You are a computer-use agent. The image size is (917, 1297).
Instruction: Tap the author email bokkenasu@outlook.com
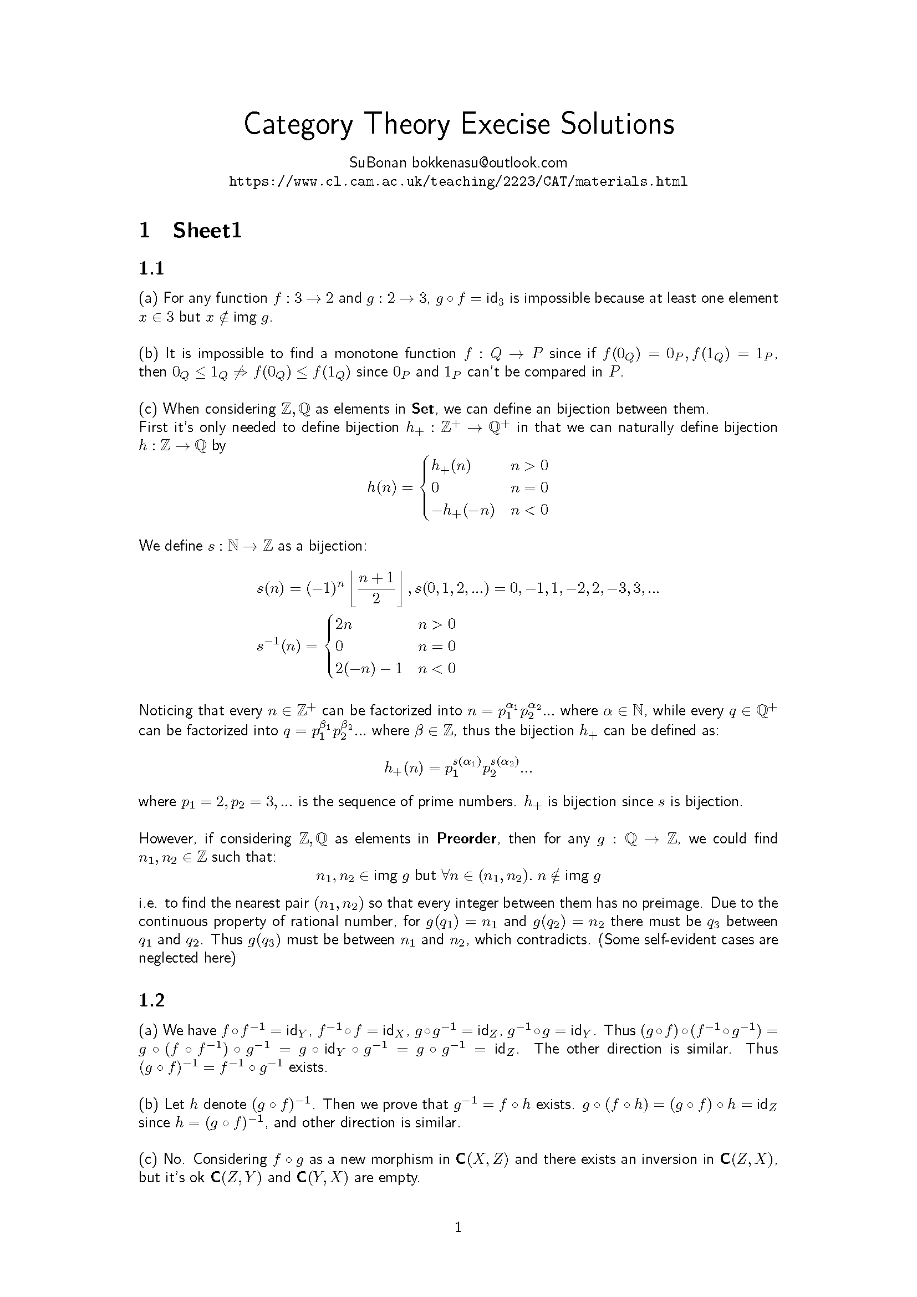tap(489, 162)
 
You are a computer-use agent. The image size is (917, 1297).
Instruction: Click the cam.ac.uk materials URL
tap(458, 182)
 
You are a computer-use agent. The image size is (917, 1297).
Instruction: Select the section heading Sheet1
tap(207, 231)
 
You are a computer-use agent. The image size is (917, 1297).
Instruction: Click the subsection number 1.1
tap(151, 268)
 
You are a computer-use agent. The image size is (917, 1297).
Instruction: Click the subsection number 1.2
tap(151, 1000)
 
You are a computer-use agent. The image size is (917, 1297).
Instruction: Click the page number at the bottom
tap(458, 1227)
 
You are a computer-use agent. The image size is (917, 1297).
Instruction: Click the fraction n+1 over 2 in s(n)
tap(376, 589)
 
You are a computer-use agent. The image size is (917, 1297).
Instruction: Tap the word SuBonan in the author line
tap(378, 162)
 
